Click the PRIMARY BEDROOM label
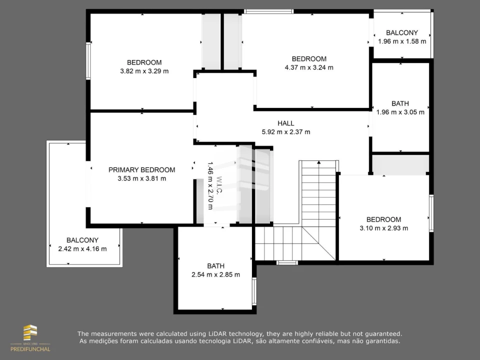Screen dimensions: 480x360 [x=141, y=170]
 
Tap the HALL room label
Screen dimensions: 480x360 [x=286, y=123]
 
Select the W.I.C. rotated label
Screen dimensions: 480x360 [x=219, y=185]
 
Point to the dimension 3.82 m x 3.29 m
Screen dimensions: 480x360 [x=144, y=71]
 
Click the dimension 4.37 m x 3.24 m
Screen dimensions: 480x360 [x=309, y=67]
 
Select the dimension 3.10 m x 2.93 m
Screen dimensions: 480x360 [x=383, y=228]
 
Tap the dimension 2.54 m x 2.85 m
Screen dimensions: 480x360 [x=215, y=275]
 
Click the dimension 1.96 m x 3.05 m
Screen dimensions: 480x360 [x=400, y=112]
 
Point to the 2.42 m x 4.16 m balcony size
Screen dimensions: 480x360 [x=82, y=249]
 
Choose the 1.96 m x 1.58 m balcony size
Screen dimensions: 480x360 [x=402, y=41]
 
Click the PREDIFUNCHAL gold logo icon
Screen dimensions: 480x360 [x=30, y=332]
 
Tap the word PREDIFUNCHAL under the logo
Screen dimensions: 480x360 [x=30, y=349]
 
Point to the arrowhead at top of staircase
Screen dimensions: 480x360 [x=318, y=162]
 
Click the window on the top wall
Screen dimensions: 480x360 [x=269, y=11]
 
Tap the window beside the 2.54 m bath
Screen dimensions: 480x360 [x=254, y=291]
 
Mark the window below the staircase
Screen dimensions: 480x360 [x=287, y=262]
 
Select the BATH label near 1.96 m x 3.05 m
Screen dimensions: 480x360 [x=400, y=103]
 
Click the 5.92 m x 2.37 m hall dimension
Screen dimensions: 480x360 [x=286, y=132]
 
